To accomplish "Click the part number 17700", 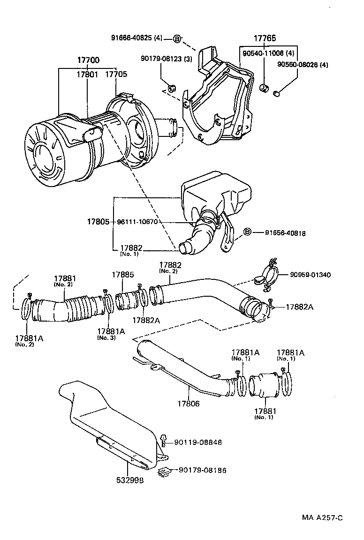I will (88, 61).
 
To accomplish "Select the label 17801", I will (88, 74).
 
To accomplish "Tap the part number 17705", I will (115, 74).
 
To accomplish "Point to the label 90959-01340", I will (310, 275).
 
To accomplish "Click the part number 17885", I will (122, 275).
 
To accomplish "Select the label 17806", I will (189, 403).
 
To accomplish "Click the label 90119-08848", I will (198, 442).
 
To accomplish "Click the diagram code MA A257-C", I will (322, 517).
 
